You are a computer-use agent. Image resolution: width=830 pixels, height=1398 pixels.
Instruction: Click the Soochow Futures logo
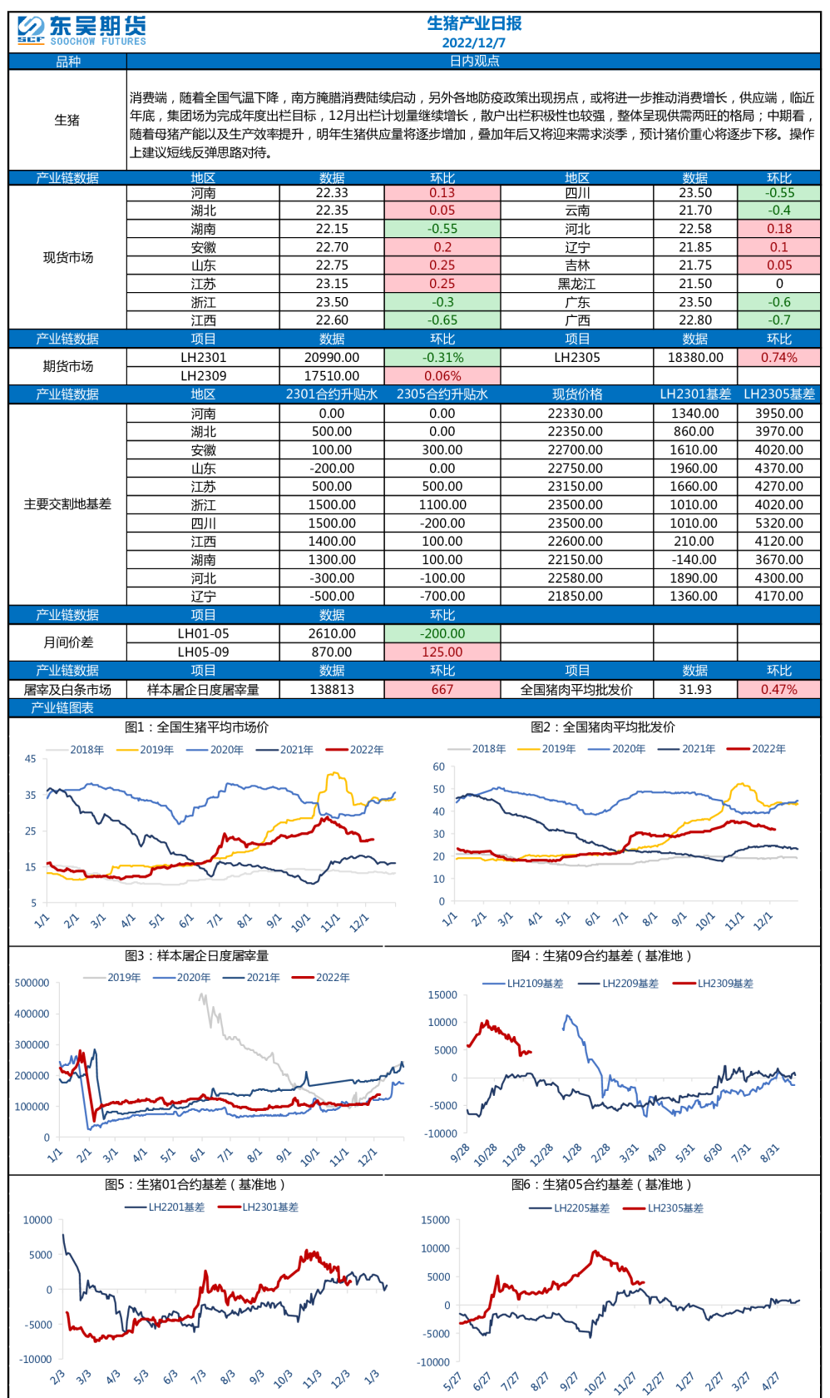point(81,31)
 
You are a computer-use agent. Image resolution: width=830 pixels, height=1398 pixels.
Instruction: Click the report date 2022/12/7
point(473,42)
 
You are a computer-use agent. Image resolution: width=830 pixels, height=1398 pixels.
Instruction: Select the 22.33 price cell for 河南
point(331,193)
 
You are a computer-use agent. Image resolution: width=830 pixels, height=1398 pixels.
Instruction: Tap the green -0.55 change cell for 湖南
point(442,229)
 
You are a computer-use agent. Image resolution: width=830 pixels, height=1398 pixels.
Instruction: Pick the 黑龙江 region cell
point(576,284)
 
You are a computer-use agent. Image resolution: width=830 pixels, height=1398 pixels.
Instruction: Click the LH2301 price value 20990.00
point(331,358)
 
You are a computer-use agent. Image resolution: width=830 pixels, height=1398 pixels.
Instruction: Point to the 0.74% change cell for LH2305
point(778,358)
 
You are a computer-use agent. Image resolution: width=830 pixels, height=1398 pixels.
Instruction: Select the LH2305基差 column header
point(778,394)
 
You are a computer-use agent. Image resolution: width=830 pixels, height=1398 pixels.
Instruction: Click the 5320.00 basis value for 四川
point(778,523)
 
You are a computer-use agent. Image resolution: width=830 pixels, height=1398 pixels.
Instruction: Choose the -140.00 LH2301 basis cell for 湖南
point(694,560)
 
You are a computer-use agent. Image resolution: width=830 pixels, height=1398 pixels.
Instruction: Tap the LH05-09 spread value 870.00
point(331,652)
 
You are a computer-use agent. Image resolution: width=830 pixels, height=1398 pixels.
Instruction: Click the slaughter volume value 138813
point(331,690)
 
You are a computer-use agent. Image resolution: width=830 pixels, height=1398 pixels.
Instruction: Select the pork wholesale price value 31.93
point(694,690)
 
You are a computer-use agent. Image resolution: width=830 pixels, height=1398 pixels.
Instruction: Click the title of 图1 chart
point(196,727)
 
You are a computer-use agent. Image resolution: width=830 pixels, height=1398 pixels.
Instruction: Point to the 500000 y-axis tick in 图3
point(32,983)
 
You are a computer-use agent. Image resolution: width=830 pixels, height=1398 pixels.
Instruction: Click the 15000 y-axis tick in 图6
point(436,1220)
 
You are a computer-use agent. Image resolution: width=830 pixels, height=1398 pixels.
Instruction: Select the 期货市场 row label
point(67,366)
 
